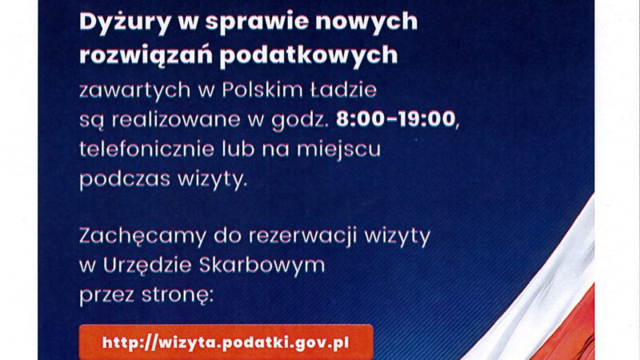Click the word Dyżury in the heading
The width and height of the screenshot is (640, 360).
tap(125, 22)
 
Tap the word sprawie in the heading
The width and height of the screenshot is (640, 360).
tap(257, 22)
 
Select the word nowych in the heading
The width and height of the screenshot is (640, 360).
tap(366, 22)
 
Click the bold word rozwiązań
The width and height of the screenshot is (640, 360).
tap(146, 55)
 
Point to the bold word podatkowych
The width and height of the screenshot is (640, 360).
tap(309, 55)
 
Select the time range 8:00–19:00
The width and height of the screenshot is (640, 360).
tap(395, 118)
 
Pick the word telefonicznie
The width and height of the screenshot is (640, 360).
tap(146, 149)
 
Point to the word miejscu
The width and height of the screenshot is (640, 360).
tap(338, 150)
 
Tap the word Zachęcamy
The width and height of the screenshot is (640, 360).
tap(143, 237)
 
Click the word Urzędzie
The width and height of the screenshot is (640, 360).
tap(147, 266)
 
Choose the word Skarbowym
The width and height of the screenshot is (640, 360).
tap(262, 266)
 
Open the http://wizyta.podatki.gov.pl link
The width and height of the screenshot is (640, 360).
tap(226, 343)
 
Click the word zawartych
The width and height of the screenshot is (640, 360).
tap(135, 90)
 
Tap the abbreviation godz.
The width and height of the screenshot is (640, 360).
tap(300, 120)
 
